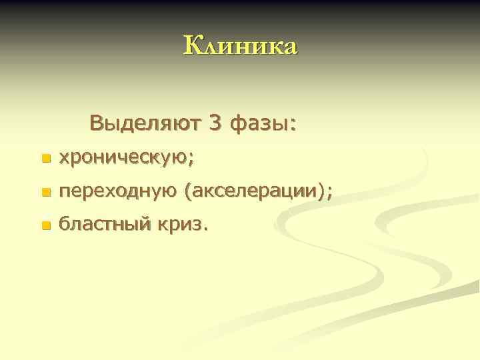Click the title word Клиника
coord(240,47)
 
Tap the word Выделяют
coord(145,123)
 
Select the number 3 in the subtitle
coord(215,123)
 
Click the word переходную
coord(118,192)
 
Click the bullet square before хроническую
coord(45,159)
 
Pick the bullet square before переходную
coord(45,193)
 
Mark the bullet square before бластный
coord(45,227)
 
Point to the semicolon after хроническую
coord(192,160)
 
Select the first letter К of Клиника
coord(191,46)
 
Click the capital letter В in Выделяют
coord(96,123)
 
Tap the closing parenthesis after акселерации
coord(323,192)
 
